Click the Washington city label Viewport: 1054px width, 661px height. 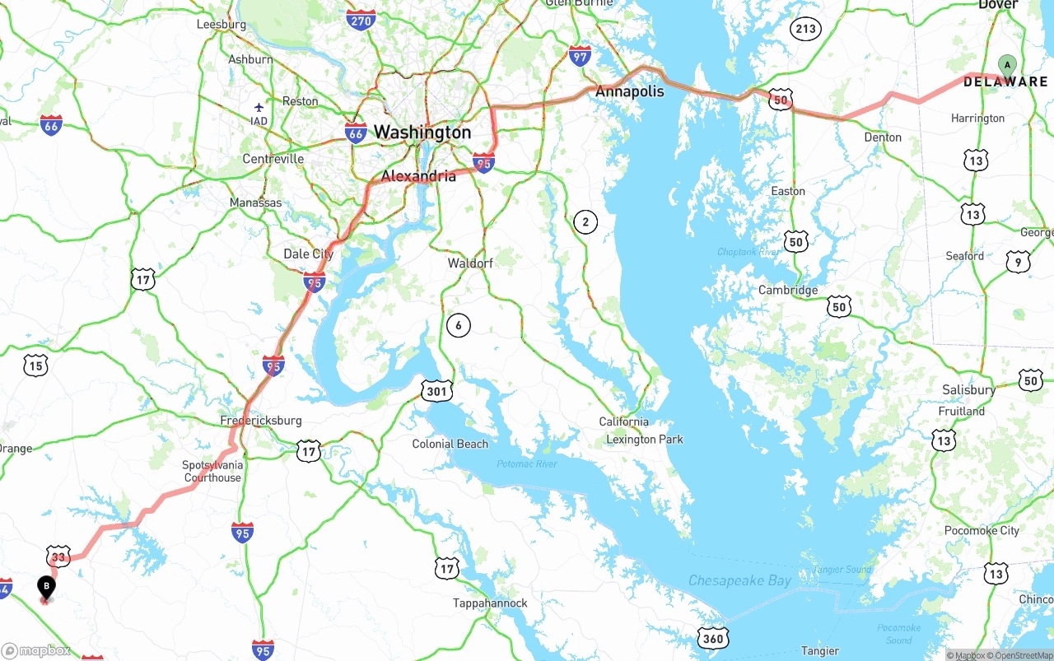[422, 132]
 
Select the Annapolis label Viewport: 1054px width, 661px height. [629, 91]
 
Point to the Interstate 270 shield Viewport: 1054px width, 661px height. [361, 21]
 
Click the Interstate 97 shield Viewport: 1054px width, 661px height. [580, 56]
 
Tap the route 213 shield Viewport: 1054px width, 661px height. [805, 30]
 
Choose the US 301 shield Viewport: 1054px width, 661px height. [436, 391]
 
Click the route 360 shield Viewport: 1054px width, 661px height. [713, 638]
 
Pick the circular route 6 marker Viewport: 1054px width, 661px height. [459, 325]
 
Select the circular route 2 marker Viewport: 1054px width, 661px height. [585, 221]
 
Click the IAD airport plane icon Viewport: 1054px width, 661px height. [259, 107]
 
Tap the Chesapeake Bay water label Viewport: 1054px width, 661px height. [739, 581]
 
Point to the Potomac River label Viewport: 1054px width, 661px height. [527, 464]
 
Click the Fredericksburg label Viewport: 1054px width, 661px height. [261, 421]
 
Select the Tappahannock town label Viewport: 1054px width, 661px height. [490, 603]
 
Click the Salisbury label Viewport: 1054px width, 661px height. [968, 389]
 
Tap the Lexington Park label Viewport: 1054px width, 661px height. [645, 440]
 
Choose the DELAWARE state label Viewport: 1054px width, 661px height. [1005, 82]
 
